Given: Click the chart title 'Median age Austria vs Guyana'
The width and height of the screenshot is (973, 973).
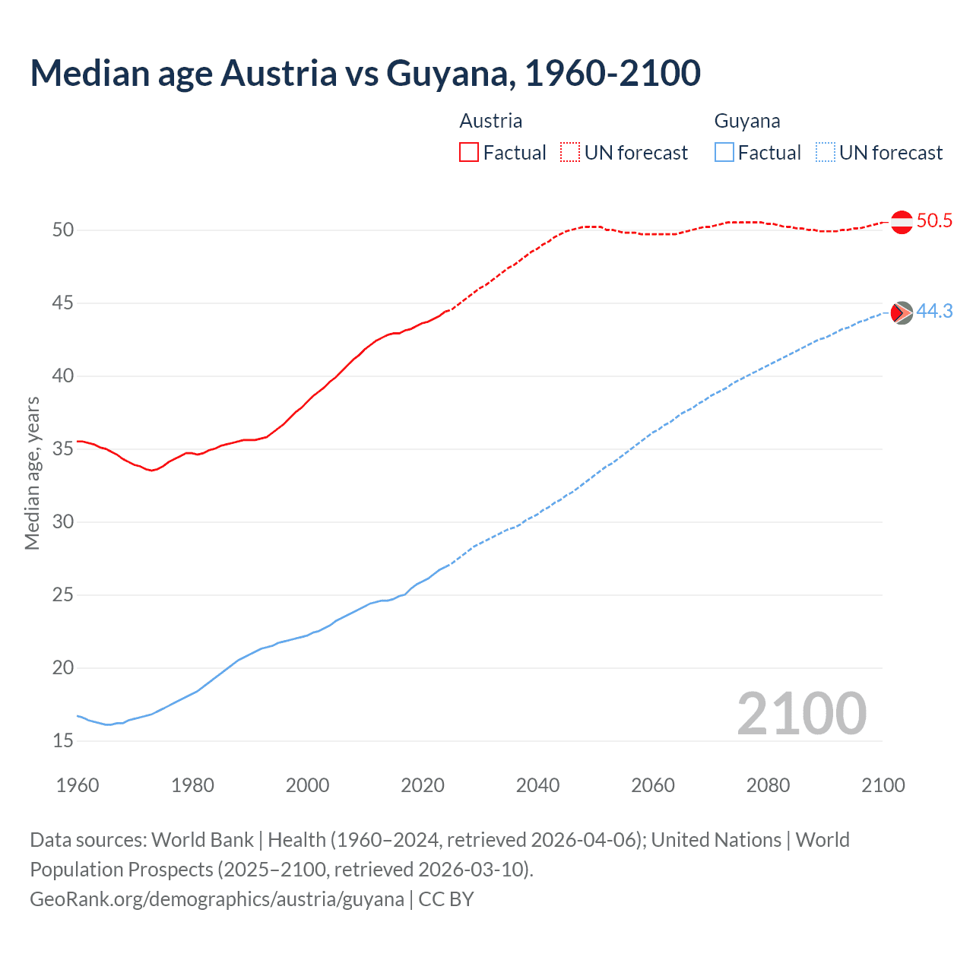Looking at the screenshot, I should click(x=365, y=73).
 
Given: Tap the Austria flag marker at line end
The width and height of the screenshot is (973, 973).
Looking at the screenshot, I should click(x=902, y=222).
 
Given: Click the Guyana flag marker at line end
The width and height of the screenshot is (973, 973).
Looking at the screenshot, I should click(x=902, y=312).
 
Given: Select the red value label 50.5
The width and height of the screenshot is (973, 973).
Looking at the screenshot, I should click(x=934, y=221).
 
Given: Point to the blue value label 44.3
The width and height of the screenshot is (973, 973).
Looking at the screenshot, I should click(x=934, y=312).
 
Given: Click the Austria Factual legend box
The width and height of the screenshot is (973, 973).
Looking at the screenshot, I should click(x=469, y=153).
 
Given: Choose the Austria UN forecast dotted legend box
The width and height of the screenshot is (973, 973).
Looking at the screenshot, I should click(x=570, y=153).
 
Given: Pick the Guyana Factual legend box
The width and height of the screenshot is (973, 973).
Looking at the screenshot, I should click(x=724, y=153).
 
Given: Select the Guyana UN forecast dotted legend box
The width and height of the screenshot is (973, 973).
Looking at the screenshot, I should click(x=826, y=153).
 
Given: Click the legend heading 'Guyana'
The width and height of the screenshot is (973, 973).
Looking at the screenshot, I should click(x=747, y=121).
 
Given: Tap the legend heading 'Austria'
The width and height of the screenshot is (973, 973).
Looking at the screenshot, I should click(x=491, y=121).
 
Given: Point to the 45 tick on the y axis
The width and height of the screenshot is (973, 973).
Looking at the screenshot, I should click(x=63, y=303).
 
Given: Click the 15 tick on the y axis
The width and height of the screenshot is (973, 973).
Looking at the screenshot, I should click(x=63, y=741).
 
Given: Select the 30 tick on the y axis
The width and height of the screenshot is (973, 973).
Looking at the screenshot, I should click(x=63, y=522).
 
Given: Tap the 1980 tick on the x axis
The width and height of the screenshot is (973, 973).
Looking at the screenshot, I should click(x=192, y=785).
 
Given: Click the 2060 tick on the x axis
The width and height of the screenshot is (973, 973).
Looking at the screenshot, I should click(x=653, y=785).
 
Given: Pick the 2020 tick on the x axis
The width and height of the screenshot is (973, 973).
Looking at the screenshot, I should click(x=423, y=785).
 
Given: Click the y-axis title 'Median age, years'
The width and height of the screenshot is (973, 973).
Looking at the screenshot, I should click(x=32, y=473).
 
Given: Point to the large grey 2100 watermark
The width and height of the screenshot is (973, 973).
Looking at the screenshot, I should click(x=802, y=714).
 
